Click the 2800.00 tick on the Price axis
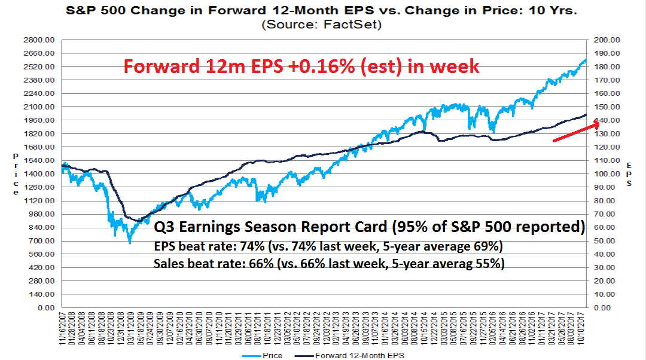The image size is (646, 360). pyautogui.click(x=39, y=39)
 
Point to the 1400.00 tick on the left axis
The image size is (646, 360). pyautogui.click(x=39, y=173)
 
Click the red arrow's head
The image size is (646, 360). pyautogui.click(x=596, y=123)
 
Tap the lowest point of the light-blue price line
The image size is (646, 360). pyautogui.click(x=129, y=242)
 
